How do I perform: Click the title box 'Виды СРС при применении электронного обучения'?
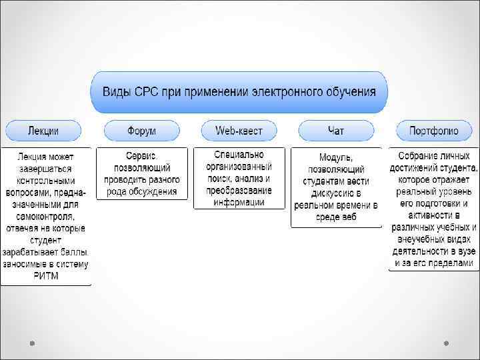click(239, 92)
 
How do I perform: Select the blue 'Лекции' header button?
click(43, 130)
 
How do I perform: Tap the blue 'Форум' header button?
click(141, 130)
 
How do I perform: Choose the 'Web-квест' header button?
click(239, 130)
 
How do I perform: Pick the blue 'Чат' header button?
click(336, 130)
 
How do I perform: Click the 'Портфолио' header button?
click(434, 130)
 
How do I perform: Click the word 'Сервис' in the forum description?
click(141, 156)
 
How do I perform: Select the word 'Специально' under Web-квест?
click(239, 155)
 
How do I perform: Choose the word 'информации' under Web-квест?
click(239, 202)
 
